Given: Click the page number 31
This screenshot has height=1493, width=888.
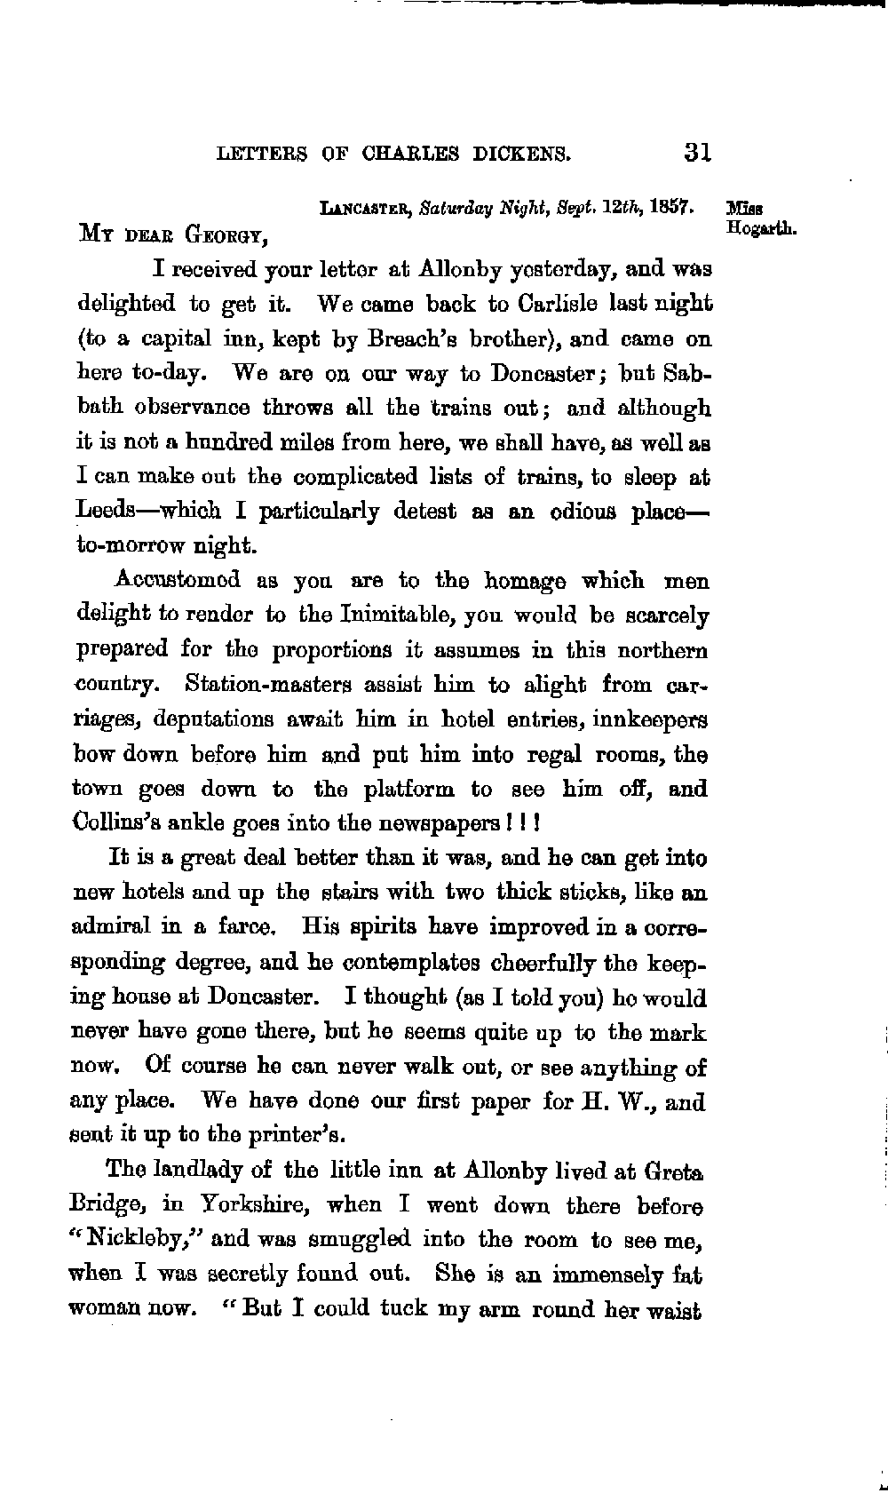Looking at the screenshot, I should (x=698, y=152).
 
